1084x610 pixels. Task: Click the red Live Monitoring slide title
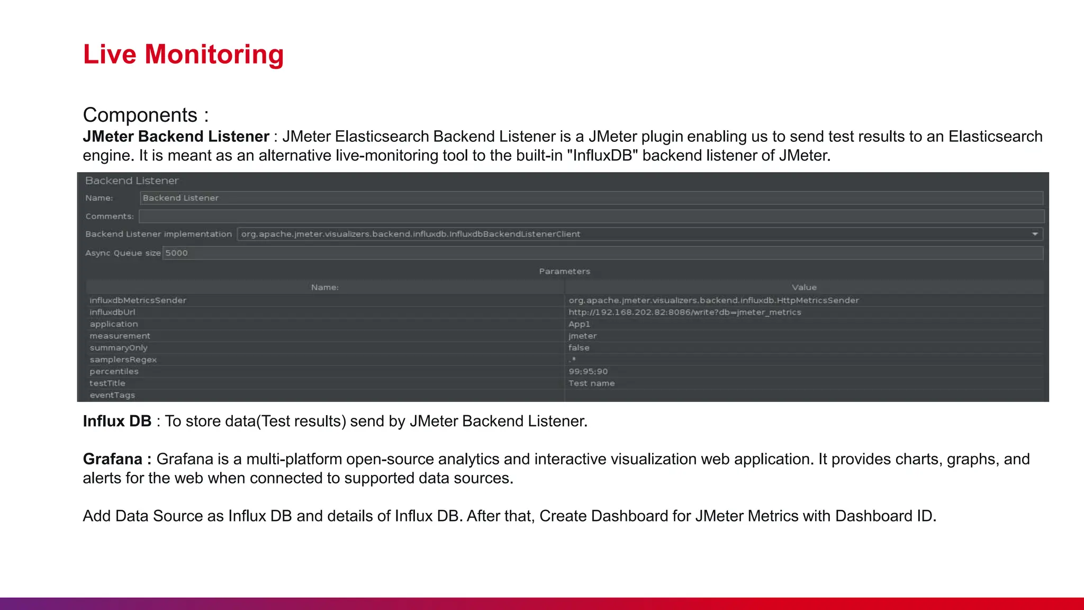183,55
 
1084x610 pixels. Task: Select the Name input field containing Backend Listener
591,198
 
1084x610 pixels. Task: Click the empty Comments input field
591,217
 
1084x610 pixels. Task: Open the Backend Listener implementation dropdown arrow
1035,234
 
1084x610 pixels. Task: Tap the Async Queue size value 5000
177,253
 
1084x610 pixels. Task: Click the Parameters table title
564,271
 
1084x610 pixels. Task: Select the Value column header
804,287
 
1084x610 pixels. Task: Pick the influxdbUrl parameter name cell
112,312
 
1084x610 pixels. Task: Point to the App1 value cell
579,324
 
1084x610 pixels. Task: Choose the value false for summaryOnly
579,348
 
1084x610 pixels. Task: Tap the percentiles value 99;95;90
588,372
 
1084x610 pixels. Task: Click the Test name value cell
591,383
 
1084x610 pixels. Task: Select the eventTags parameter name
112,396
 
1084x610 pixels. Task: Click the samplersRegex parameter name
123,360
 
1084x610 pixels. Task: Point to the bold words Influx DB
117,421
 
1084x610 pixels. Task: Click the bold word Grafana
113,459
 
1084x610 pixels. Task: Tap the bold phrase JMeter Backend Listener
176,137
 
